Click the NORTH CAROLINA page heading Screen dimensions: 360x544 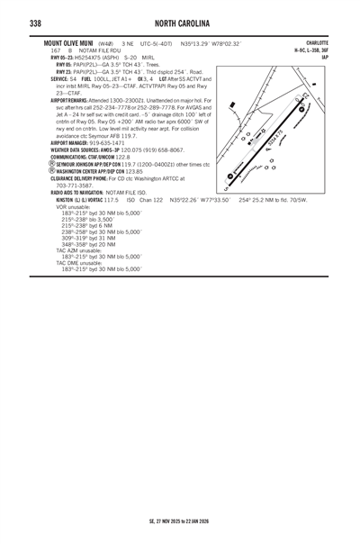(x=180, y=20)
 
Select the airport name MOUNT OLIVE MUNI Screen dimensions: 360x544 (x=67, y=42)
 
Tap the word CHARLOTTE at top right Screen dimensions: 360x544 (x=318, y=42)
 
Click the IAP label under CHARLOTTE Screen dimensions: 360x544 (x=324, y=57)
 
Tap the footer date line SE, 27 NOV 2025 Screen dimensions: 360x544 (x=180, y=521)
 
